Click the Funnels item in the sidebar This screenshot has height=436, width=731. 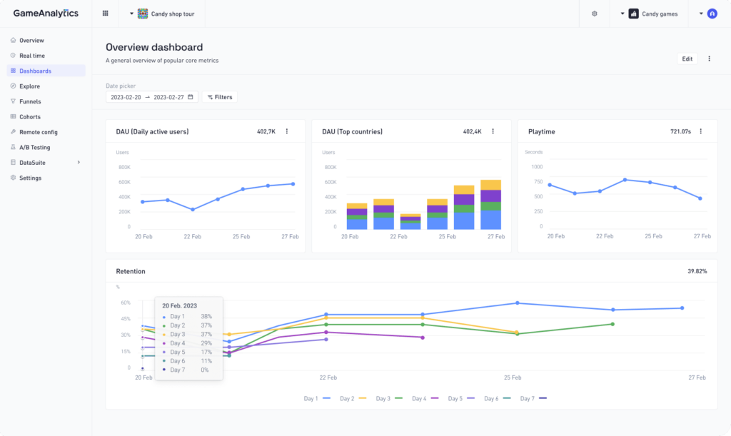[x=30, y=101]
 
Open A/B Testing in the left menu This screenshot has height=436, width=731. [x=34, y=147]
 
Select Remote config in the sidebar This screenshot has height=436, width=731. [x=38, y=132]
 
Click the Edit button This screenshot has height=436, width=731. [x=687, y=59]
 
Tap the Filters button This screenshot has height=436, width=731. [x=219, y=97]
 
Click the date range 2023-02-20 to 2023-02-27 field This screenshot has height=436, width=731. [x=152, y=97]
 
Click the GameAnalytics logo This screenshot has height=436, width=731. [x=46, y=14]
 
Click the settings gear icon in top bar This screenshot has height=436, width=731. [x=595, y=14]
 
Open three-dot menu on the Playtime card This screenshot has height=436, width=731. [x=700, y=131]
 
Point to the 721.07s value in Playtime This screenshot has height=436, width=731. [x=680, y=131]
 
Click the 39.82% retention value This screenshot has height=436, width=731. [x=697, y=271]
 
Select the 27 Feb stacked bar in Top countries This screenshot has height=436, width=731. [x=490, y=205]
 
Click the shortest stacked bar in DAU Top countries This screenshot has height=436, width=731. [x=410, y=221]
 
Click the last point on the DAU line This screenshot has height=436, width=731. [x=293, y=184]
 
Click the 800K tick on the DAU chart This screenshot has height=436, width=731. [x=123, y=167]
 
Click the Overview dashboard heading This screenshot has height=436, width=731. [x=154, y=47]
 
